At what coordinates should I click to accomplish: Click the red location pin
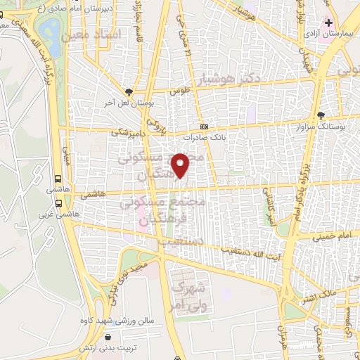click(182, 165)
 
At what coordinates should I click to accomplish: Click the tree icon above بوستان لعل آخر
click(129, 91)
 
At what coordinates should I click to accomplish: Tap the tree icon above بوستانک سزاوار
click(321, 115)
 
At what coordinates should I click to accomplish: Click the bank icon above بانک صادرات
click(204, 127)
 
